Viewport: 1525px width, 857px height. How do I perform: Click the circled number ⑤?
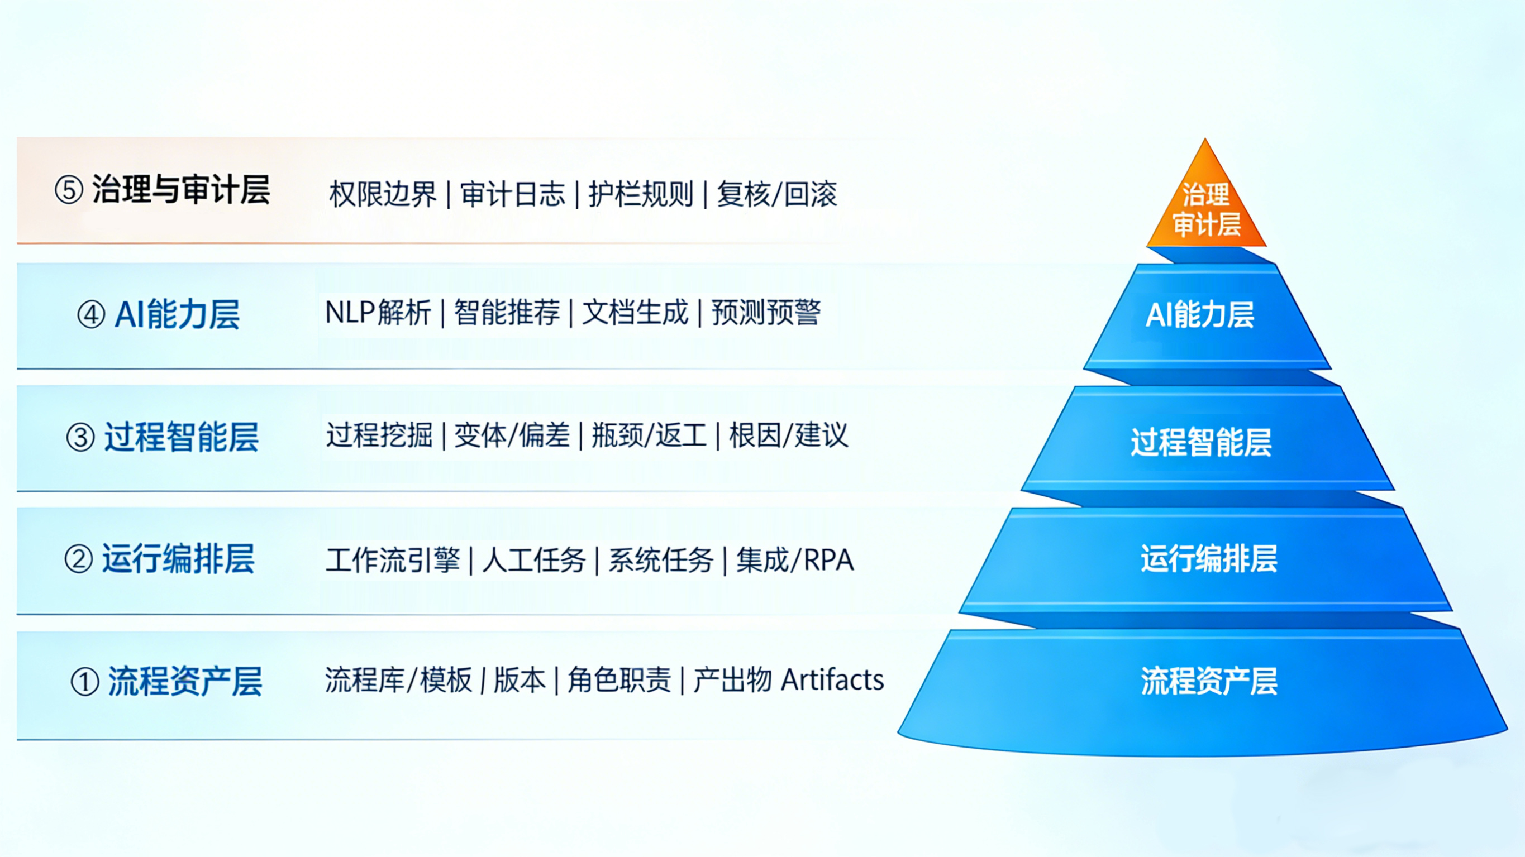click(x=69, y=190)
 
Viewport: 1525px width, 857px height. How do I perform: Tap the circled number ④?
click(x=91, y=315)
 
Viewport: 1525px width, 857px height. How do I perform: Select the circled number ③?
click(x=80, y=438)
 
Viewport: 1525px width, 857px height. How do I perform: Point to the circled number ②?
click(x=79, y=559)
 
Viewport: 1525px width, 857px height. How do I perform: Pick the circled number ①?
click(x=85, y=682)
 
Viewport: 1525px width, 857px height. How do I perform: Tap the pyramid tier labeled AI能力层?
click(x=1202, y=315)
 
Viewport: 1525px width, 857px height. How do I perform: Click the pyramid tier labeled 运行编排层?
click(x=1208, y=559)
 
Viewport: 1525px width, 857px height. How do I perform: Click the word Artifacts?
click(x=832, y=680)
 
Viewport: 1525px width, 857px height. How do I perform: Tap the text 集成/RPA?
click(x=794, y=560)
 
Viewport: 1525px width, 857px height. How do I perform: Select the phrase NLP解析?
click(x=378, y=313)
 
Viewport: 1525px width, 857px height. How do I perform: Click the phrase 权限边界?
click(x=383, y=194)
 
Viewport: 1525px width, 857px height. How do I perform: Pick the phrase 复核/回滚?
click(x=776, y=194)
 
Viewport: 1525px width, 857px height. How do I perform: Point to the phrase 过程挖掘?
click(x=379, y=435)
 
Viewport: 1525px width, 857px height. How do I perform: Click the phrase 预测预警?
click(x=766, y=313)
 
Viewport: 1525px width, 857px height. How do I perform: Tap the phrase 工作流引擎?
click(x=392, y=560)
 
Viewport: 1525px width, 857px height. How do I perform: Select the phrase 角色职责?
click(x=619, y=680)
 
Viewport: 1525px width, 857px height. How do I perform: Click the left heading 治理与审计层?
click(x=181, y=190)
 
